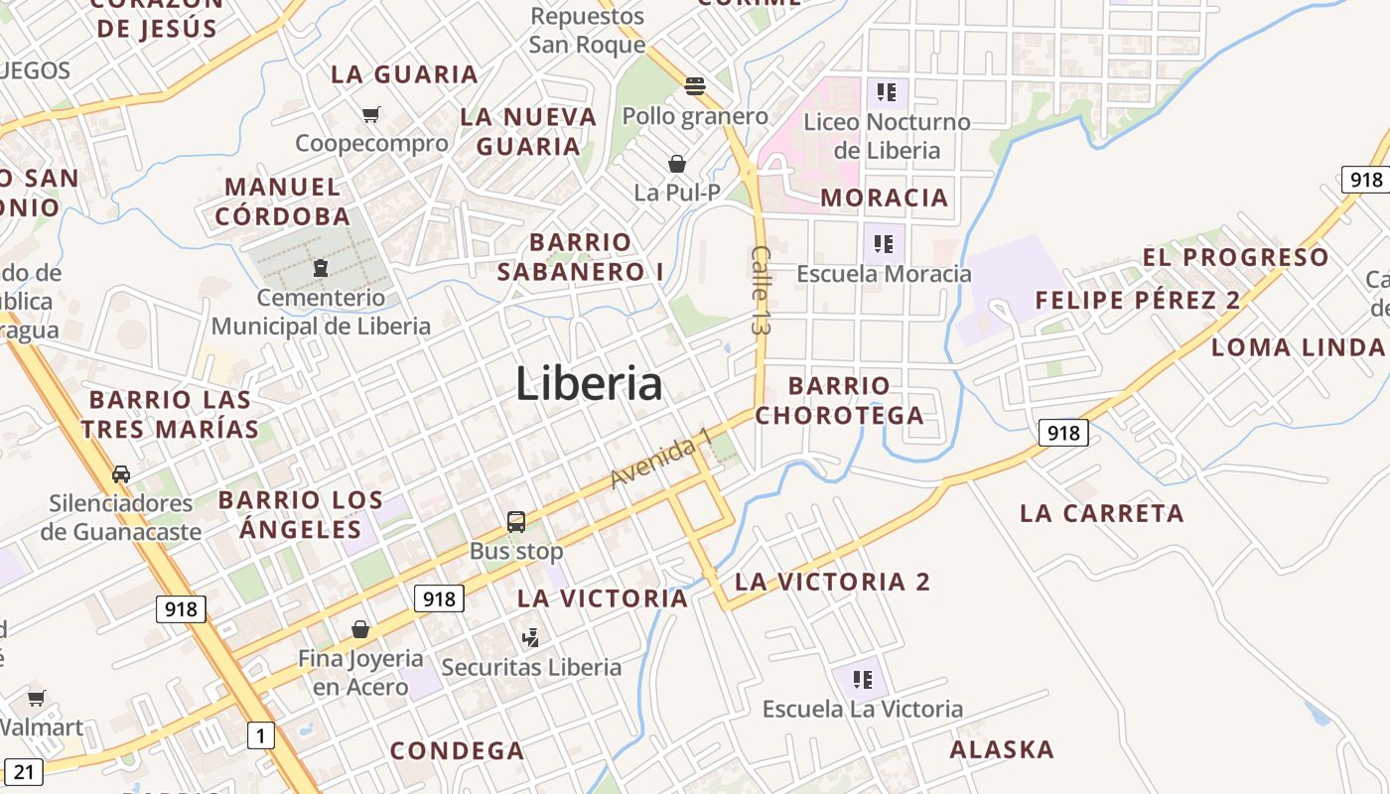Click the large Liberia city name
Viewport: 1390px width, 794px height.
(589, 384)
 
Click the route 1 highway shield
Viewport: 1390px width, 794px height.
(260, 735)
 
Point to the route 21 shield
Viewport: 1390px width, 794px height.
(25, 772)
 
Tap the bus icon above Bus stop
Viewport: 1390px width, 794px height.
(516, 521)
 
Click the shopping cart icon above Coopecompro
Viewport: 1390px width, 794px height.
(371, 114)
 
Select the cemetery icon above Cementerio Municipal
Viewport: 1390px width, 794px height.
(321, 268)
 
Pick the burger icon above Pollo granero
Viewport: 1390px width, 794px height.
(694, 86)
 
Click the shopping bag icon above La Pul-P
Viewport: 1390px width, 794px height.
(677, 163)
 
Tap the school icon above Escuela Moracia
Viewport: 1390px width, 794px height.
(884, 243)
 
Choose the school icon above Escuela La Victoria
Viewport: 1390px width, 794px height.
(862, 680)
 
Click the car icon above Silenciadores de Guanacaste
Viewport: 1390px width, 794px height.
(121, 473)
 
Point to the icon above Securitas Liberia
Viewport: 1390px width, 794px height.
(531, 637)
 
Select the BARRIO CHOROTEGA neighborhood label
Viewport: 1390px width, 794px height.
(839, 400)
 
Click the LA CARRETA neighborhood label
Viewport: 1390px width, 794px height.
(1102, 513)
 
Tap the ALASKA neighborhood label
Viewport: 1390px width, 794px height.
(1002, 749)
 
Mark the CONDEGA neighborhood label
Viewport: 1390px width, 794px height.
(457, 751)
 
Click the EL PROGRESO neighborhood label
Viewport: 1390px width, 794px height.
(1235, 258)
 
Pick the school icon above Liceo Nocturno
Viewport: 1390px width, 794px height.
(887, 93)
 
